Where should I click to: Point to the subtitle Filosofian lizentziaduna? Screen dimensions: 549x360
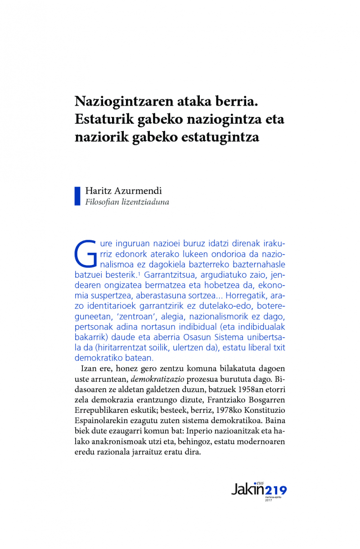127,202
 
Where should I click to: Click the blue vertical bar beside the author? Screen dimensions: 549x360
77,196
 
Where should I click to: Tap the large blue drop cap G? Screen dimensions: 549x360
85,253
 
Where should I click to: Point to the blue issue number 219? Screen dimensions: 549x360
275,490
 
